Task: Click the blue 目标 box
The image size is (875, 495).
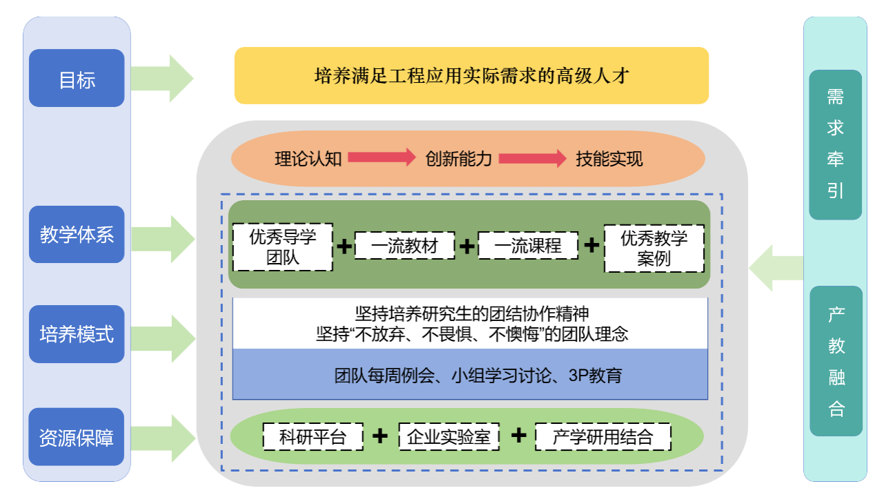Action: click(77, 79)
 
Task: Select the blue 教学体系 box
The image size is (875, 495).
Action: click(77, 235)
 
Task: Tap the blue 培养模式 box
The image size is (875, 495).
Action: click(77, 334)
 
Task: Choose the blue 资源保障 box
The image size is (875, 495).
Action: click(77, 436)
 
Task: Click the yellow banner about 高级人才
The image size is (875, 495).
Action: click(471, 75)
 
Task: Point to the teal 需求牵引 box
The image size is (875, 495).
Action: click(835, 144)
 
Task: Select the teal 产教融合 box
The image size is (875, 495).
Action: click(836, 361)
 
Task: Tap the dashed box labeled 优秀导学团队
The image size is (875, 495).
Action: click(282, 247)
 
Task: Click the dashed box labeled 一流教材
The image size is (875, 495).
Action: click(404, 246)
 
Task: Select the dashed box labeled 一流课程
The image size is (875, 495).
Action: click(528, 246)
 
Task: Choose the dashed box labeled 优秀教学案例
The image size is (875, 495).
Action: click(654, 248)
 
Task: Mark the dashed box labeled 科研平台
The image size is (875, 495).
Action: click(313, 436)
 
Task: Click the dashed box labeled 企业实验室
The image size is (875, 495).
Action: click(449, 436)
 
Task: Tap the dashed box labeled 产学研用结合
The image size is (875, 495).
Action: click(602, 436)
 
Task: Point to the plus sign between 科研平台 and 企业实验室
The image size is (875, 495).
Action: click(380, 436)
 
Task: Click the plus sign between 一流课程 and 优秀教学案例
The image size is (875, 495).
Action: click(591, 246)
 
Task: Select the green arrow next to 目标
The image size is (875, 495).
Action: click(162, 79)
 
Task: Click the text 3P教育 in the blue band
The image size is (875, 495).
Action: click(595, 376)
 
